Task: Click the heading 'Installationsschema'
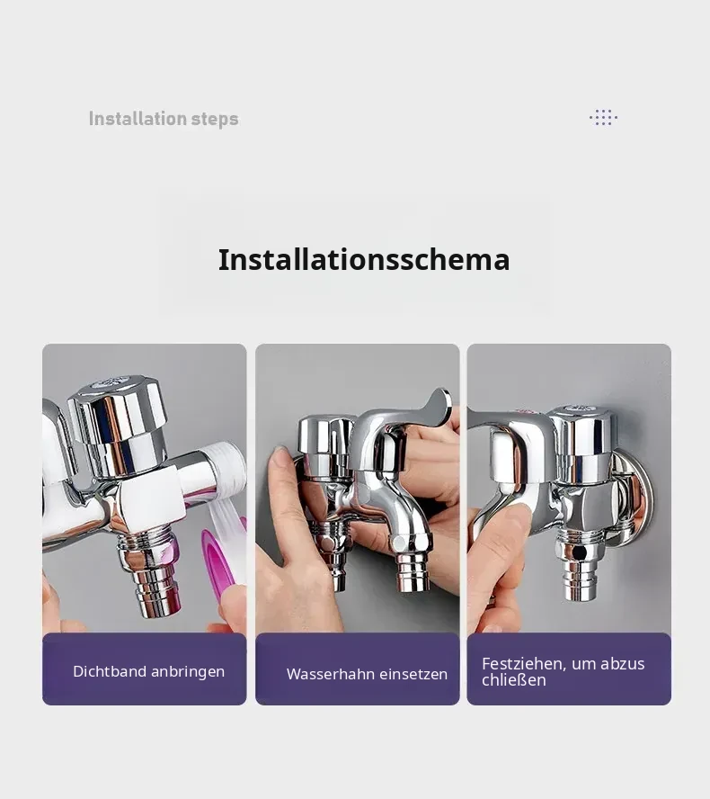click(x=364, y=259)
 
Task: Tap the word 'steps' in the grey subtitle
click(x=215, y=120)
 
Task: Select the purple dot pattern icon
click(x=603, y=117)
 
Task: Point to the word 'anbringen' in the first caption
click(x=188, y=672)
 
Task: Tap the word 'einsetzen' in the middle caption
click(x=413, y=674)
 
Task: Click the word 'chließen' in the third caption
click(x=513, y=679)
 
